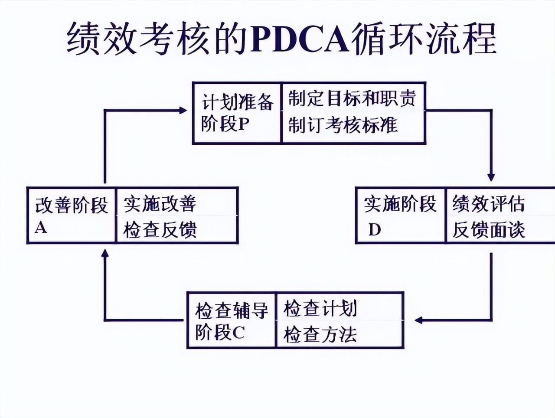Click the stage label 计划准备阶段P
(x=237, y=113)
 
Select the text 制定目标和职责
(x=352, y=98)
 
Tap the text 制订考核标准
(x=343, y=125)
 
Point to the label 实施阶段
(x=400, y=204)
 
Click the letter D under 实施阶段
(x=374, y=230)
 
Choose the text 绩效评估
(x=488, y=204)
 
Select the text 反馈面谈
(x=488, y=230)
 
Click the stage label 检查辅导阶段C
(x=231, y=321)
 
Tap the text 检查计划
(x=320, y=309)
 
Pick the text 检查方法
(x=320, y=335)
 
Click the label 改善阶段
(x=71, y=205)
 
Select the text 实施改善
(x=160, y=204)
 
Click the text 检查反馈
(x=160, y=230)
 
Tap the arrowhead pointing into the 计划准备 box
(x=183, y=110)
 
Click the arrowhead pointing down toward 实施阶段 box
(x=491, y=177)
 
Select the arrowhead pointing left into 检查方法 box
(x=418, y=320)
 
